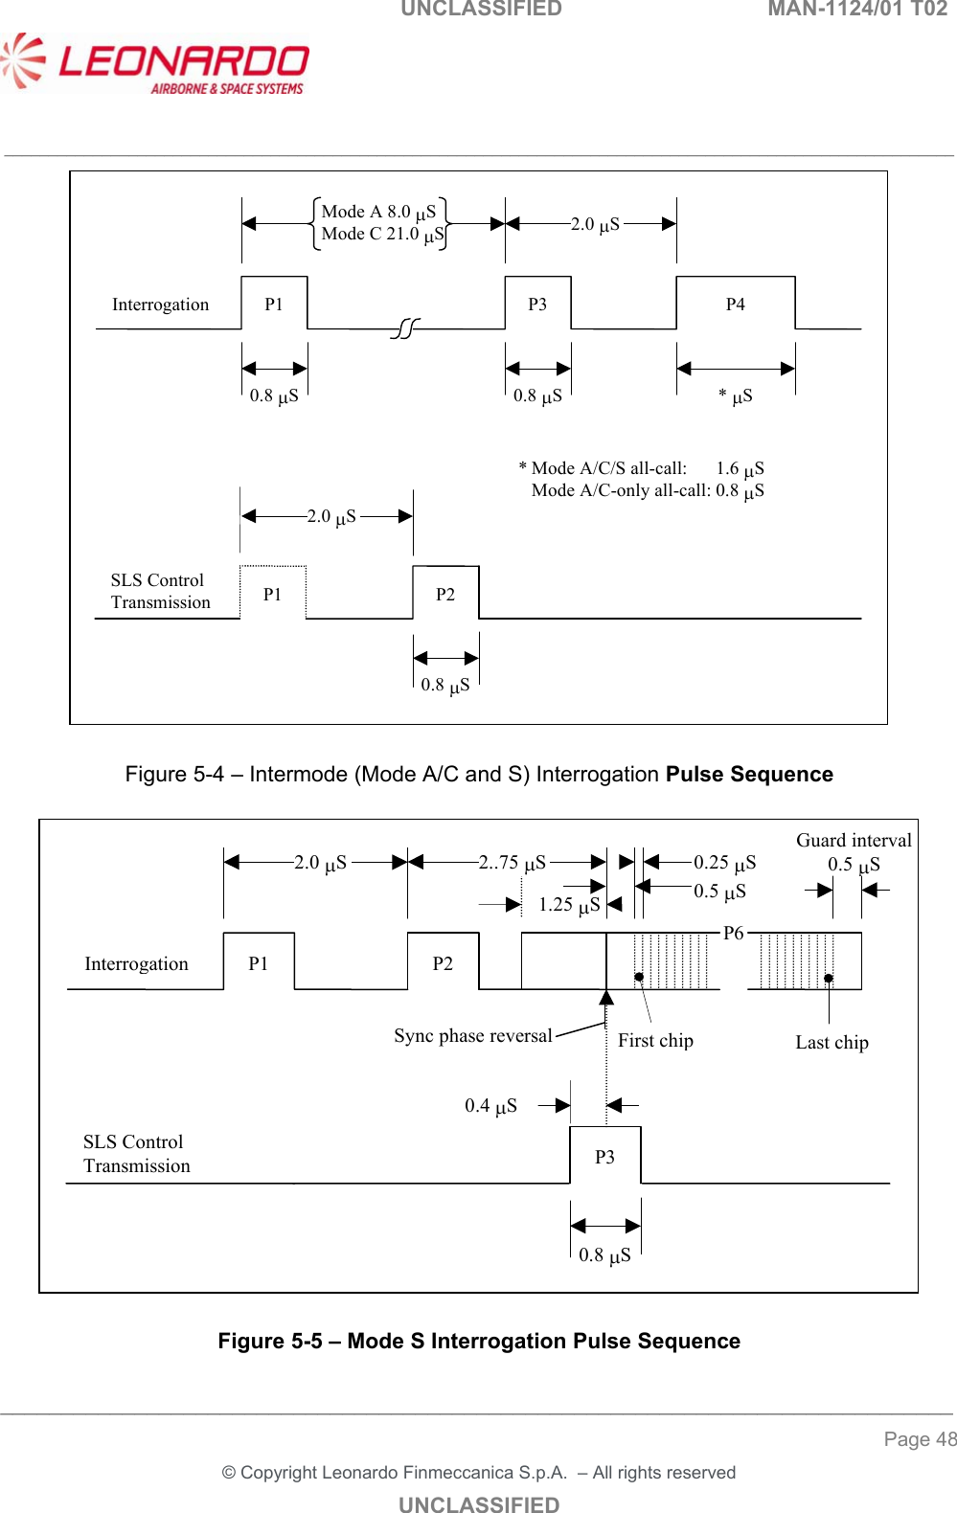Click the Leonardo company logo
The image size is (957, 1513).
pyautogui.click(x=155, y=65)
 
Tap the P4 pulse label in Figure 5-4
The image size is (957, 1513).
pyautogui.click(x=735, y=305)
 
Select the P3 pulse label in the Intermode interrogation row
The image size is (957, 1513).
pyautogui.click(x=537, y=305)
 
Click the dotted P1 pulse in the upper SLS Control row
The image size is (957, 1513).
pyautogui.click(x=273, y=595)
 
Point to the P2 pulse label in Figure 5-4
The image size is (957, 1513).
pyautogui.click(x=445, y=595)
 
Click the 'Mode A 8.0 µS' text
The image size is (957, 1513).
pyautogui.click(x=378, y=212)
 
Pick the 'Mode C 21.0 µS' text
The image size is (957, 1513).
pyautogui.click(x=382, y=235)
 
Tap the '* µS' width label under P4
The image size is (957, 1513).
pyautogui.click(x=736, y=396)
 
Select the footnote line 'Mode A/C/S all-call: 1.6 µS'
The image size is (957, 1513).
pyautogui.click(x=641, y=468)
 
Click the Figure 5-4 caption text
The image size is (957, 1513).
pyautogui.click(x=479, y=774)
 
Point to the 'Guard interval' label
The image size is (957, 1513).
pyautogui.click(x=854, y=841)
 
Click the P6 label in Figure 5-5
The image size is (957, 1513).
pyautogui.click(x=733, y=933)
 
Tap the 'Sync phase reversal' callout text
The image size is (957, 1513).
pyautogui.click(x=473, y=1036)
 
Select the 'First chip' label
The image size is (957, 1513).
pyautogui.click(x=655, y=1041)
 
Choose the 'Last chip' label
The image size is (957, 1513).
pyautogui.click(x=832, y=1043)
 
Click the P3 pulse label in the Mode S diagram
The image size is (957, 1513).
pyautogui.click(x=604, y=1157)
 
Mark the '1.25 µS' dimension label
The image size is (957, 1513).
pyautogui.click(x=569, y=905)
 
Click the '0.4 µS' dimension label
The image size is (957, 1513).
pyautogui.click(x=490, y=1106)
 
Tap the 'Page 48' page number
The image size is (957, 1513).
pyautogui.click(x=920, y=1439)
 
